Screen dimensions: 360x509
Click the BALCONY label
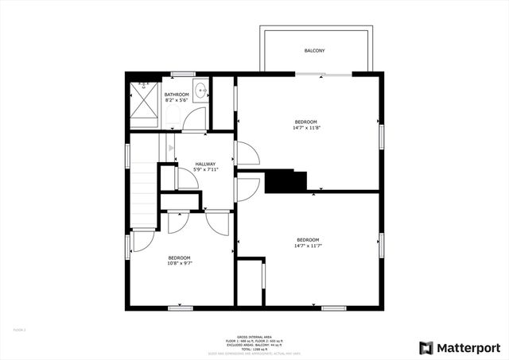(314, 51)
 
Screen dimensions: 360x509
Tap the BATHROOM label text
(177, 95)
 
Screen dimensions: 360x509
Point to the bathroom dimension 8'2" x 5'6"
(177, 100)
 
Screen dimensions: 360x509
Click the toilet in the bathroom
(144, 82)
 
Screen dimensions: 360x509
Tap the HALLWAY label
(205, 165)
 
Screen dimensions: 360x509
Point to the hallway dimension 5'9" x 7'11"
(205, 170)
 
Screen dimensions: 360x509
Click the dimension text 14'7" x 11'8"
(306, 127)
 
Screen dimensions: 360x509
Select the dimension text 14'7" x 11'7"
(308, 246)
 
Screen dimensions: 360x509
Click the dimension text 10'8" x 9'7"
(179, 263)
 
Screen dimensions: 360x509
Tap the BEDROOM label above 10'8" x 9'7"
(179, 257)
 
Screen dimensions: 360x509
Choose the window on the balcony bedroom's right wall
(382, 135)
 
